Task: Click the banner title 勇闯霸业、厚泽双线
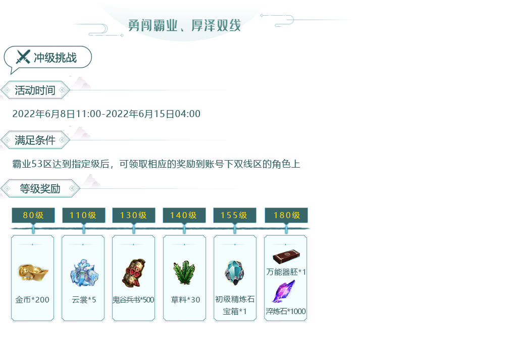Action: [x=184, y=25]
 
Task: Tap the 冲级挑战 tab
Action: [x=55, y=58]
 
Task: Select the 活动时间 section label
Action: [x=35, y=90]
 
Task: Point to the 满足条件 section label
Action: [x=35, y=140]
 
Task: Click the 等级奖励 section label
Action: [x=40, y=189]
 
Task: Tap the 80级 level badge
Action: [x=33, y=216]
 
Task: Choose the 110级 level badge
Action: [x=83, y=216]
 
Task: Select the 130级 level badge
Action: [x=133, y=216]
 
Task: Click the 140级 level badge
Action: [x=184, y=216]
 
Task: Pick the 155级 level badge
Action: [x=234, y=216]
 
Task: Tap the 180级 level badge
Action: [x=286, y=216]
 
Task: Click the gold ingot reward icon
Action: [x=32, y=273]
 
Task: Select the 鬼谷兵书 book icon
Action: [x=133, y=273]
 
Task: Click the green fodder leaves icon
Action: [x=184, y=273]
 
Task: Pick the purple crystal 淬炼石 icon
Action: [x=284, y=292]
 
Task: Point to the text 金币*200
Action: [x=32, y=300]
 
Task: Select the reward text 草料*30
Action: [x=185, y=300]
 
